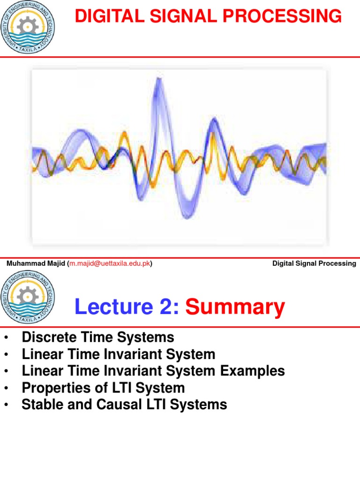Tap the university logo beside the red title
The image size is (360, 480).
pyautogui.click(x=28, y=27)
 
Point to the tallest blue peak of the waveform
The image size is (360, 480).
pyautogui.click(x=159, y=81)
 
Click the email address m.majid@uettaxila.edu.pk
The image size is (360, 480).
pyautogui.click(x=110, y=263)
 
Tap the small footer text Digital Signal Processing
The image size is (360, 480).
pyautogui.click(x=314, y=263)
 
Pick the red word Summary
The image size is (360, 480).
pyautogui.click(x=235, y=307)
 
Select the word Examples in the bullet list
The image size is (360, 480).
pyautogui.click(x=253, y=371)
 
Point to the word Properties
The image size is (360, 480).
pyautogui.click(x=52, y=388)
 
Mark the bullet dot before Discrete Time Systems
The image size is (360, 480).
pyautogui.click(x=7, y=337)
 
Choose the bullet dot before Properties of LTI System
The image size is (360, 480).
pyautogui.click(x=7, y=388)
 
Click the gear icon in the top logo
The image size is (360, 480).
pyautogui.click(x=28, y=21)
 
